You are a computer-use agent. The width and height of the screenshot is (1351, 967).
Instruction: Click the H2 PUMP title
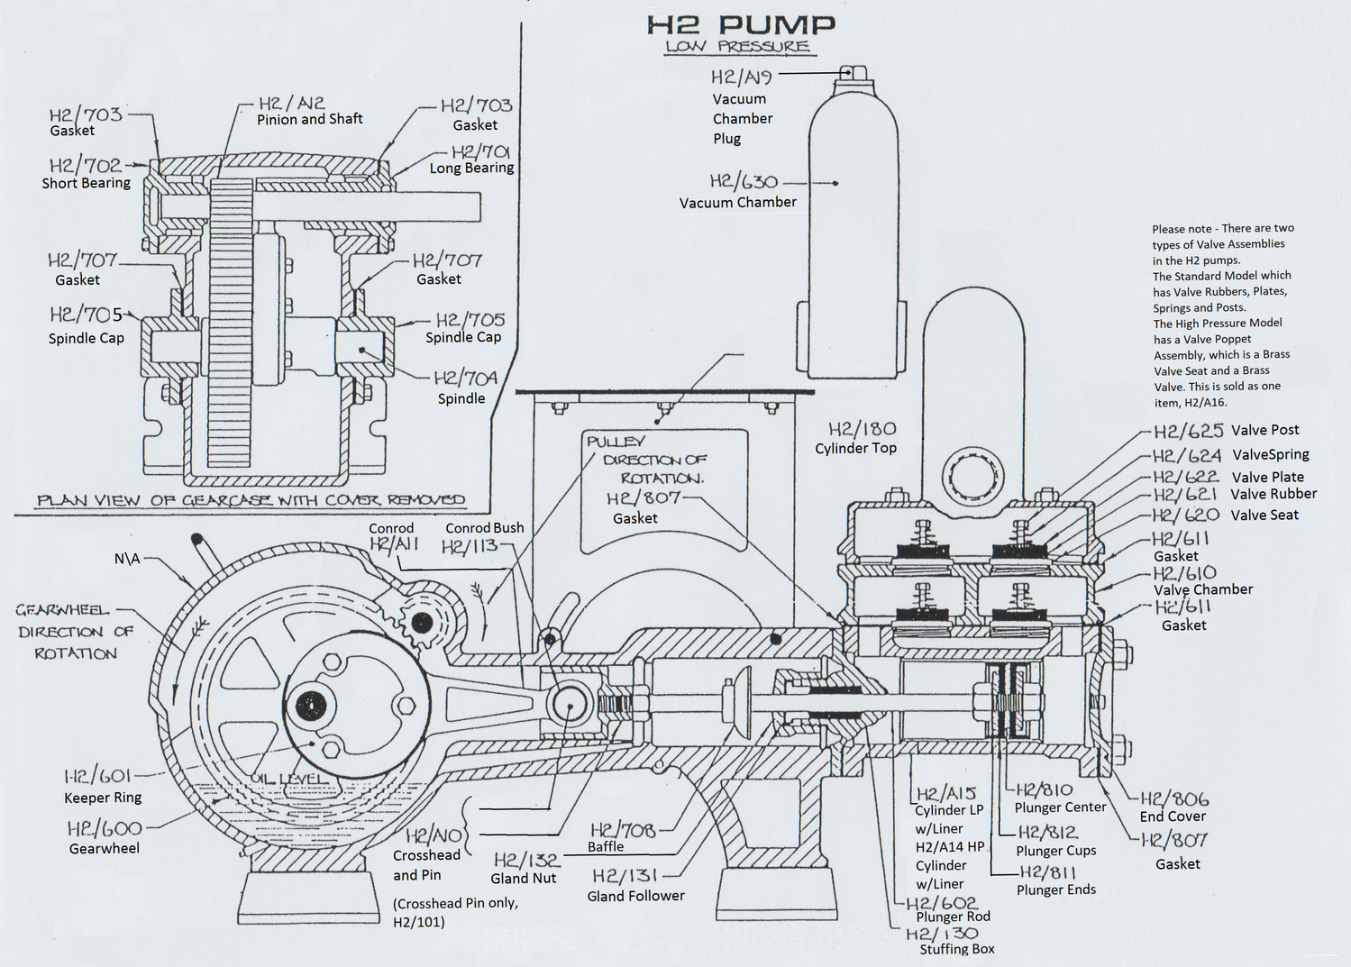(x=741, y=25)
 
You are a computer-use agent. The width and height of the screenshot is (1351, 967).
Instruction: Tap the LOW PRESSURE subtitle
(x=737, y=47)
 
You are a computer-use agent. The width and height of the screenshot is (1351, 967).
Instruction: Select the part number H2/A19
(x=741, y=78)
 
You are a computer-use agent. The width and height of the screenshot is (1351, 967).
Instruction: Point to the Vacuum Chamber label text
(x=737, y=203)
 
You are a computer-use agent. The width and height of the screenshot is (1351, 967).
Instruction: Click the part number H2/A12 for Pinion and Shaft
(x=291, y=104)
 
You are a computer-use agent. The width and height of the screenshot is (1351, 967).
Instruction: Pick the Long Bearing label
(x=471, y=169)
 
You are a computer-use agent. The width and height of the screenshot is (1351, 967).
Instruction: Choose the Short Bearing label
(x=86, y=183)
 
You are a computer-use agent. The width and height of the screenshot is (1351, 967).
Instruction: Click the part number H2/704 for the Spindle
(x=465, y=378)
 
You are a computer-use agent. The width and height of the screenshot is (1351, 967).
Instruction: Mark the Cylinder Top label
(x=855, y=448)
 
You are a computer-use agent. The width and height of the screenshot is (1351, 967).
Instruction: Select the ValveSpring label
(x=1270, y=454)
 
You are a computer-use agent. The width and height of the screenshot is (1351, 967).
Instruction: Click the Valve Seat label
(x=1264, y=515)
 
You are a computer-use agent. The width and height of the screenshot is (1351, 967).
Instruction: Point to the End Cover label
(x=1173, y=816)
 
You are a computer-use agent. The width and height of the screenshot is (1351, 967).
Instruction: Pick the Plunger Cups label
(x=1055, y=851)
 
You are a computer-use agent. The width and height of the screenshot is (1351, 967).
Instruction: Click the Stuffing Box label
(x=957, y=949)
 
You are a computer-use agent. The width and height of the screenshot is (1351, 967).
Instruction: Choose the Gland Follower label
(x=635, y=896)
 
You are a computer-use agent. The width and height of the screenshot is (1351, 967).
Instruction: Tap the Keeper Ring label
(x=103, y=798)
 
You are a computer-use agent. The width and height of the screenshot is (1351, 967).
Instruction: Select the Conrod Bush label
(x=484, y=528)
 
